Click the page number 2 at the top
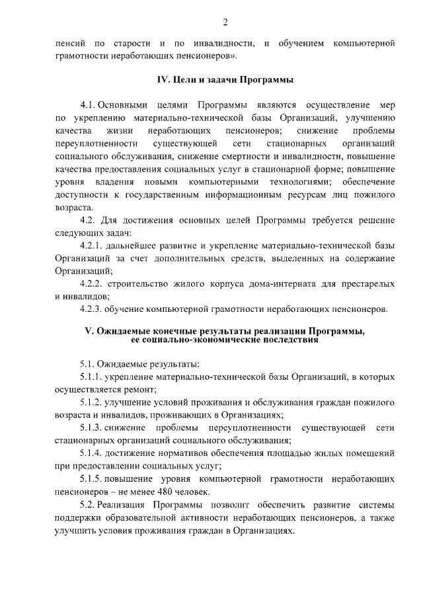(225, 23)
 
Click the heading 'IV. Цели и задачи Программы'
(225, 80)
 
